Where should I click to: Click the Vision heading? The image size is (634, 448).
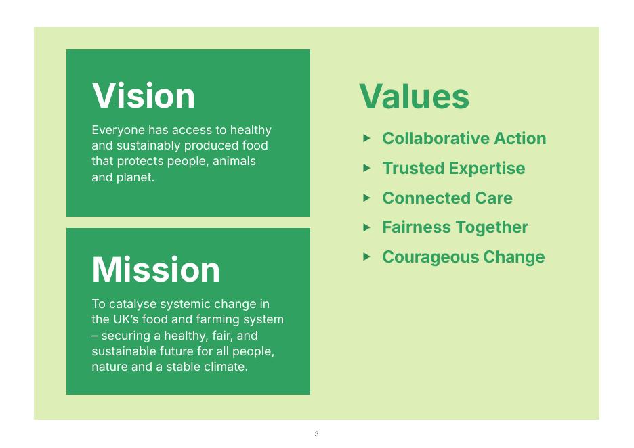coord(144,95)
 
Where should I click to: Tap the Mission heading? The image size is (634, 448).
coord(156,269)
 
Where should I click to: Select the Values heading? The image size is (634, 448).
coord(414,96)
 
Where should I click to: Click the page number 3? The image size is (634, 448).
coord(316,434)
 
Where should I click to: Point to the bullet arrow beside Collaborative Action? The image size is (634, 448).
coord(366,138)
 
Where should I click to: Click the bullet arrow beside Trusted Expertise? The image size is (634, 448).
coord(366,168)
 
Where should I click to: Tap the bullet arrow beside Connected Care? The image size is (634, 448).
coord(366,198)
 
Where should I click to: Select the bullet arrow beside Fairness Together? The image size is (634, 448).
coord(366,227)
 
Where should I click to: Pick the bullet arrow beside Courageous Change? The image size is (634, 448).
coord(366,257)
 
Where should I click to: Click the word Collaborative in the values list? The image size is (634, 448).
coord(436,138)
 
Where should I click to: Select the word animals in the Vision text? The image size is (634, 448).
coord(234,161)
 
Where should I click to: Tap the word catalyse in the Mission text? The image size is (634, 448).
coord(133,304)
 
